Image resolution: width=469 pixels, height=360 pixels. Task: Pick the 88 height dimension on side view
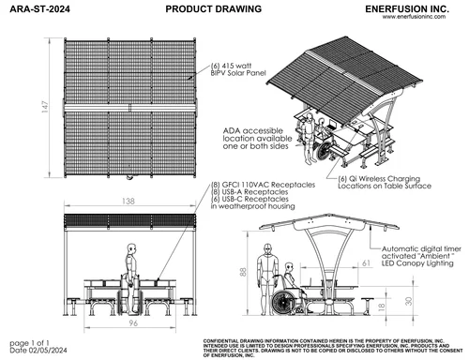coord(244,273)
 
